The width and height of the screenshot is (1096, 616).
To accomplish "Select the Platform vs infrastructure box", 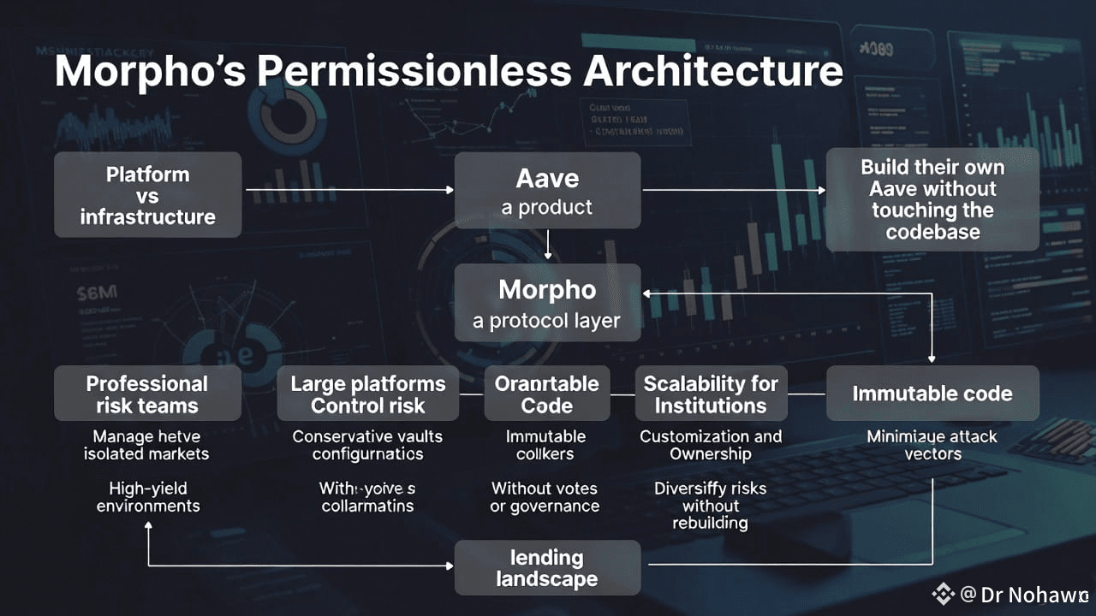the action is [147, 195].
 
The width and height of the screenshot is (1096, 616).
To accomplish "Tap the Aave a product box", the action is [547, 191].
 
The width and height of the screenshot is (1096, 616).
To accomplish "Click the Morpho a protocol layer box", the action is [547, 303].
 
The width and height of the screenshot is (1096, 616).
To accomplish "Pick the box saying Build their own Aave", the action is [932, 199].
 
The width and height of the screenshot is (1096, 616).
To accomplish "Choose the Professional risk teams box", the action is [147, 394].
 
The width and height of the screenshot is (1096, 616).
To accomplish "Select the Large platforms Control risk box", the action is [367, 394].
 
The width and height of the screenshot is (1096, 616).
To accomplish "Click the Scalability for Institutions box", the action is [710, 394].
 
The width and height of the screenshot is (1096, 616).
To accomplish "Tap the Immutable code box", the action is [932, 394].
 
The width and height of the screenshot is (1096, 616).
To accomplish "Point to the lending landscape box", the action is [547, 568].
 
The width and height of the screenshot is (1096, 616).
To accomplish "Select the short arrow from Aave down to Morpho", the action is [548, 245].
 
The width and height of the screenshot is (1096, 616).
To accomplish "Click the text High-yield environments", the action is [147, 497].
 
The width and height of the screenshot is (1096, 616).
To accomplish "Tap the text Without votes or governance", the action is [545, 497].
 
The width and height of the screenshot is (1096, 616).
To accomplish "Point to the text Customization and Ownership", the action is [711, 445].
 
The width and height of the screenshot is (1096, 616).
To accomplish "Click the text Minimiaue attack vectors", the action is [932, 445].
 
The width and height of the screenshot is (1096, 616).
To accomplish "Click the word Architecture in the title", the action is [713, 72].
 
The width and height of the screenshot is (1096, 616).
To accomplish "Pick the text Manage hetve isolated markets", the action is [146, 445].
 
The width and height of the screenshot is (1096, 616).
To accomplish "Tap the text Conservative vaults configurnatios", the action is [367, 445].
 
